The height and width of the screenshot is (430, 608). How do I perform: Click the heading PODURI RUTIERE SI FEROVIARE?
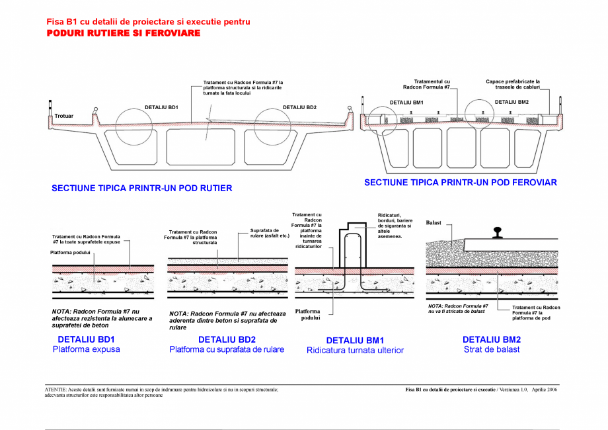click(x=123, y=33)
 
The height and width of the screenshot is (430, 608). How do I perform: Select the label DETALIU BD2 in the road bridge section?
click(x=299, y=107)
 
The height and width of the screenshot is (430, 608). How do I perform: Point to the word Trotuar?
click(x=64, y=116)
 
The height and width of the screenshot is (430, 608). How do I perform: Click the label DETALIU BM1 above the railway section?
click(x=406, y=103)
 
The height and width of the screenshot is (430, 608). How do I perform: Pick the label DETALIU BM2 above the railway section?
click(x=512, y=102)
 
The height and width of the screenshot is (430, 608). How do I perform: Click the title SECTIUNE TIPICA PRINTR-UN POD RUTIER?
click(x=141, y=189)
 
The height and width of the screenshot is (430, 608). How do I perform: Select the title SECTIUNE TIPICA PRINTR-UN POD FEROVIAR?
click(x=460, y=183)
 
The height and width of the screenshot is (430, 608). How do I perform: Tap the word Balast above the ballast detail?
click(x=434, y=223)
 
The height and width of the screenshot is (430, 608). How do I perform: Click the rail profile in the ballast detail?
click(x=496, y=234)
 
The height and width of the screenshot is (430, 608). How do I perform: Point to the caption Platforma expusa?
click(x=87, y=349)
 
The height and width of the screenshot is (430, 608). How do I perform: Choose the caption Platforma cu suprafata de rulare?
click(x=227, y=349)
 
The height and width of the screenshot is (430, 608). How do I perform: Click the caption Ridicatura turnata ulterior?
click(x=355, y=351)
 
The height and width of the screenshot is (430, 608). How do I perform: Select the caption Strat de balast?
click(x=492, y=349)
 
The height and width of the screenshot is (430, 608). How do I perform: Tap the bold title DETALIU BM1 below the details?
click(x=355, y=341)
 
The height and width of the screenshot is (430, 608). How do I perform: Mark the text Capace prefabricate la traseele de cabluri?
click(x=513, y=85)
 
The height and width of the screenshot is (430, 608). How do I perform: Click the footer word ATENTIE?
click(x=55, y=390)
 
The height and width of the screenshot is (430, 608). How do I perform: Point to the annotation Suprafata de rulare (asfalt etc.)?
click(x=270, y=234)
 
